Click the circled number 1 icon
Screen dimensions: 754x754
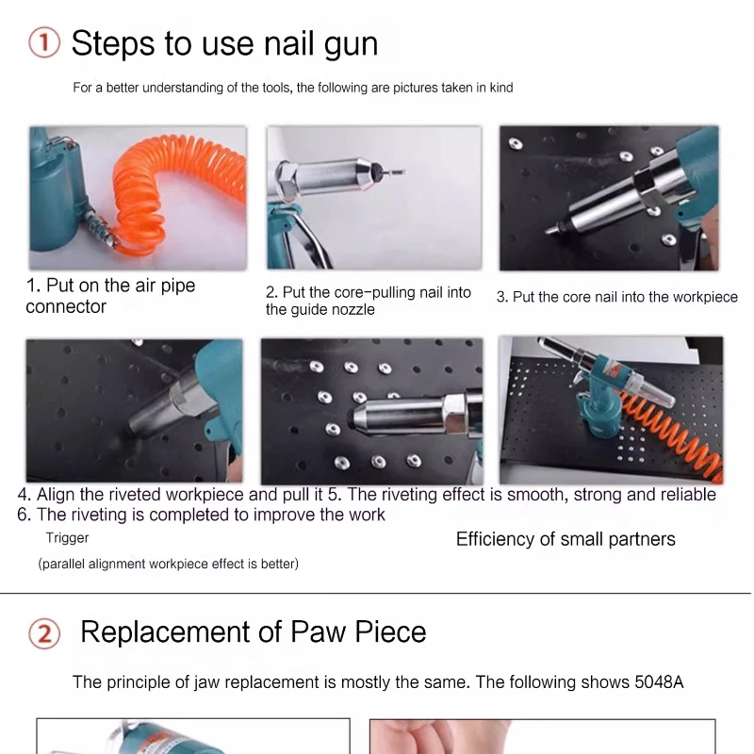[44, 42]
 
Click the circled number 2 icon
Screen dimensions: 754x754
[44, 633]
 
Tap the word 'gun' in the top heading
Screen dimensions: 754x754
[351, 45]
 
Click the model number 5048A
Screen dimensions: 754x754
[659, 681]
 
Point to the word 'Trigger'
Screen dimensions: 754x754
[67, 538]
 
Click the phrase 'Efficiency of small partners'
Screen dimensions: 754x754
[565, 539]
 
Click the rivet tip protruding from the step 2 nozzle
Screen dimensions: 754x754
[393, 172]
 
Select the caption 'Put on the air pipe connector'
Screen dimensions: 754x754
[110, 296]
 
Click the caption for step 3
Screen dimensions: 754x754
[617, 297]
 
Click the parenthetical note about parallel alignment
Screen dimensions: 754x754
[169, 564]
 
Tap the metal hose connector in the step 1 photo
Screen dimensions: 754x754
[100, 230]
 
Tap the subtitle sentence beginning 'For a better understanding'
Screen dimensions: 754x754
[293, 88]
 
